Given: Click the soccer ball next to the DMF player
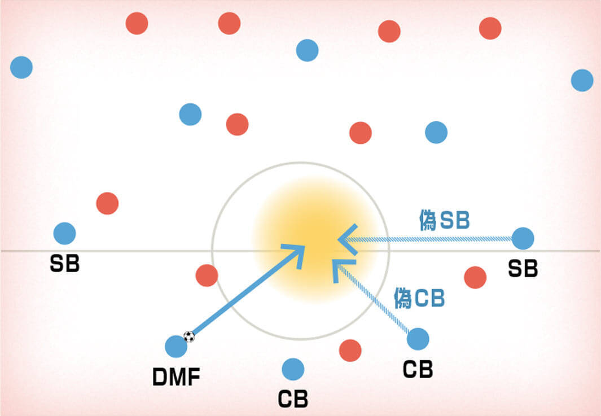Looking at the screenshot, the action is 189,336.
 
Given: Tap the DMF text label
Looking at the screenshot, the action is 176,376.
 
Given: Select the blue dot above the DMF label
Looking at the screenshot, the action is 176,347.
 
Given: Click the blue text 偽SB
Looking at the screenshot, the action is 444,220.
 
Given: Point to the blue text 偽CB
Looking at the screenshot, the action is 419,298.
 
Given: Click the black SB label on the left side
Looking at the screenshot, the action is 64,264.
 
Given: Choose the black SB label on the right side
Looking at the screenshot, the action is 523,268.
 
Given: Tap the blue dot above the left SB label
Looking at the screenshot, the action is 64,234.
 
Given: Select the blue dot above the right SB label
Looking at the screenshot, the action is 523,239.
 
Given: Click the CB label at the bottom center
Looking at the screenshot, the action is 293,399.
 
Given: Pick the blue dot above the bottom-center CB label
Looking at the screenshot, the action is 293,369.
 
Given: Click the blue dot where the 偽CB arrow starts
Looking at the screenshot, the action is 418,339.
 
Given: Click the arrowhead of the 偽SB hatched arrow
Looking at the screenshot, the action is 347,240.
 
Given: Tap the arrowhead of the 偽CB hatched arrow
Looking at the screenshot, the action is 341,268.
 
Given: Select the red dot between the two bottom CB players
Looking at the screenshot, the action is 350,351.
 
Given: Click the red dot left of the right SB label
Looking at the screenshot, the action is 475,278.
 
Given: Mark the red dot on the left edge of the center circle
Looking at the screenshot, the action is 207,275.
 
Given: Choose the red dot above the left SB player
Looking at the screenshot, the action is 107,203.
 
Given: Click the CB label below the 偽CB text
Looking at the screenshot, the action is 418,369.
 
